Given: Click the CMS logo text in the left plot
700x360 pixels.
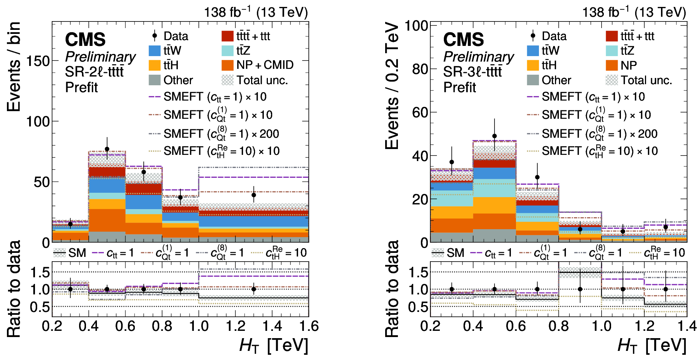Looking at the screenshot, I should pyautogui.click(x=85, y=39).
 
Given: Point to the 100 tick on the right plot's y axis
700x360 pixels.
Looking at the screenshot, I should pyautogui.click(x=416, y=26).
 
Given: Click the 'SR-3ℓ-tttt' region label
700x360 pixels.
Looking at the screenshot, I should pyautogui.click(x=472, y=72).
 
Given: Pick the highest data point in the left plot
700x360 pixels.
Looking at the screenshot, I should pyautogui.click(x=107, y=149).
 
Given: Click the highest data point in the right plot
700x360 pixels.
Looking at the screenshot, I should pyautogui.click(x=494, y=136).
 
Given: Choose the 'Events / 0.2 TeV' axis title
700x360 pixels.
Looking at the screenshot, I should pyautogui.click(x=392, y=86).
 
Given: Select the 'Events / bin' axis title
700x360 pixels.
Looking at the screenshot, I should pyautogui.click(x=14, y=66).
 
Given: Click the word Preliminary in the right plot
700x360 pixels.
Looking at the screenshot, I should pyautogui.click(x=478, y=57).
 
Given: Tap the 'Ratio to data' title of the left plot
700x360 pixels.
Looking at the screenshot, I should pyautogui.click(x=14, y=289).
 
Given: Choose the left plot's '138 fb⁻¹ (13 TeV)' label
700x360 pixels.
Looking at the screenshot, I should pyautogui.click(x=256, y=12).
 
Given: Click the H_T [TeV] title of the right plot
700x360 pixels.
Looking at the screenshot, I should pyautogui.click(x=652, y=345).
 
